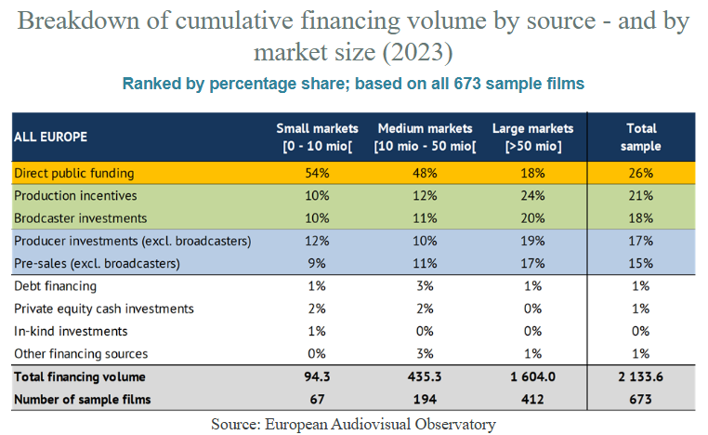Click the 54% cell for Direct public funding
pyautogui.click(x=318, y=173)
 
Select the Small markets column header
pyautogui.click(x=318, y=138)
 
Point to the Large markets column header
pyautogui.click(x=532, y=138)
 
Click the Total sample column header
pyautogui.click(x=641, y=138)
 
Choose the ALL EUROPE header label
pyautogui.click(x=50, y=137)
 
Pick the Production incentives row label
pyautogui.click(x=75, y=195)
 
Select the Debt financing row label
pyautogui.click(x=55, y=286)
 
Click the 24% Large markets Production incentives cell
pyautogui.click(x=532, y=195)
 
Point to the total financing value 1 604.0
pyautogui.click(x=532, y=377)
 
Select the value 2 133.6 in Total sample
pyautogui.click(x=641, y=377)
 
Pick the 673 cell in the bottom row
pyautogui.click(x=641, y=400)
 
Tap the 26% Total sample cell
pyautogui.click(x=641, y=173)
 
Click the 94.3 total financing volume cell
pyautogui.click(x=318, y=377)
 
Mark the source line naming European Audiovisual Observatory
pyautogui.click(x=353, y=424)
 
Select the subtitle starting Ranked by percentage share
pyautogui.click(x=353, y=84)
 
